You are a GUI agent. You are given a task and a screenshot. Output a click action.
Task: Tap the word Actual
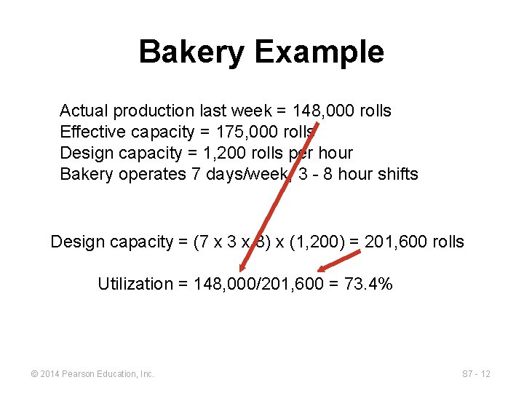click(x=82, y=111)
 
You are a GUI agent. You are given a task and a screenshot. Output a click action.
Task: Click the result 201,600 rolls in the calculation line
click(x=414, y=242)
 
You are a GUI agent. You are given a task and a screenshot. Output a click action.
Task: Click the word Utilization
click(x=135, y=284)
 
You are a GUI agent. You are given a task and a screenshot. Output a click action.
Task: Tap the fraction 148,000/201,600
click(x=259, y=284)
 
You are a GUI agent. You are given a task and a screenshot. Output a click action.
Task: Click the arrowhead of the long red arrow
click(x=243, y=267)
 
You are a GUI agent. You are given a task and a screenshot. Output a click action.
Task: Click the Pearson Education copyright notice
click(x=92, y=374)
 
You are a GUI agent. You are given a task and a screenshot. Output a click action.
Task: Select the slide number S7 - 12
click(x=477, y=374)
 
